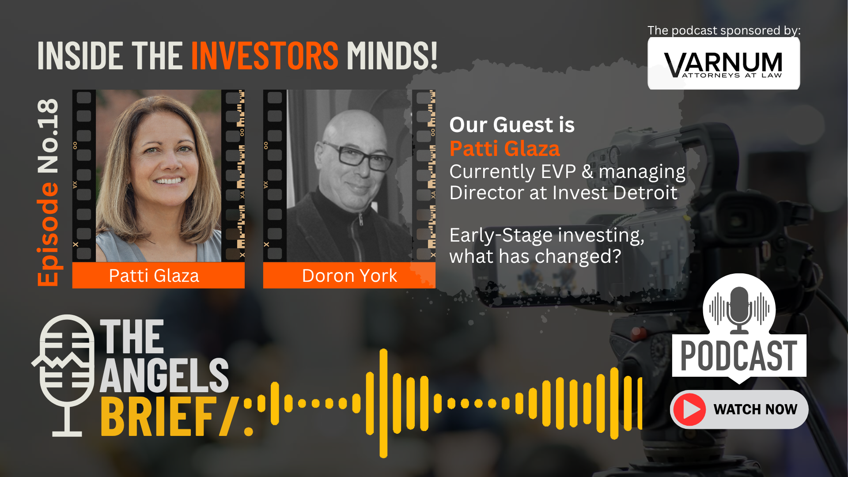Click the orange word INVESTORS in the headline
pyautogui.click(x=265, y=56)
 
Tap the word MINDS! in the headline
pyautogui.click(x=392, y=56)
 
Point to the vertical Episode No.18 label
pyautogui.click(x=48, y=193)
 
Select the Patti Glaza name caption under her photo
pyautogui.click(x=154, y=276)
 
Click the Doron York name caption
pyautogui.click(x=349, y=276)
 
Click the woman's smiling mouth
pyautogui.click(x=168, y=180)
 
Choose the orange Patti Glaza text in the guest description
pyautogui.click(x=504, y=148)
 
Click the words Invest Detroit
pyautogui.click(x=615, y=193)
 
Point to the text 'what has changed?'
pyautogui.click(x=535, y=257)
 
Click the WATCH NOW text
pyautogui.click(x=755, y=409)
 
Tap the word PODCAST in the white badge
pyautogui.click(x=739, y=356)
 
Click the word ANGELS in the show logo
pyautogui.click(x=164, y=375)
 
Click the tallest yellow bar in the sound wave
pyautogui.click(x=383, y=403)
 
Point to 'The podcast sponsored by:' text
pyautogui.click(x=724, y=30)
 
